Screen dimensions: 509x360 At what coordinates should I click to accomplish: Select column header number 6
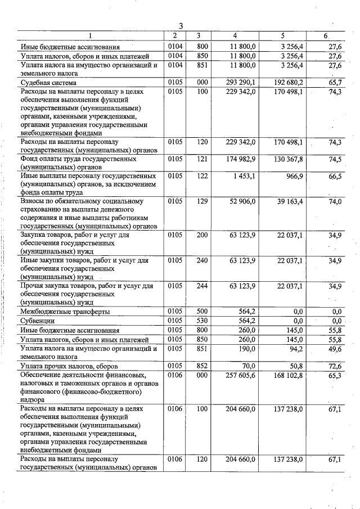326,36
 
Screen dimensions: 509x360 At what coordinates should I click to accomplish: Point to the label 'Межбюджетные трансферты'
65,311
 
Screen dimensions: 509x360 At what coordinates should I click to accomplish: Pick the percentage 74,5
334,159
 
